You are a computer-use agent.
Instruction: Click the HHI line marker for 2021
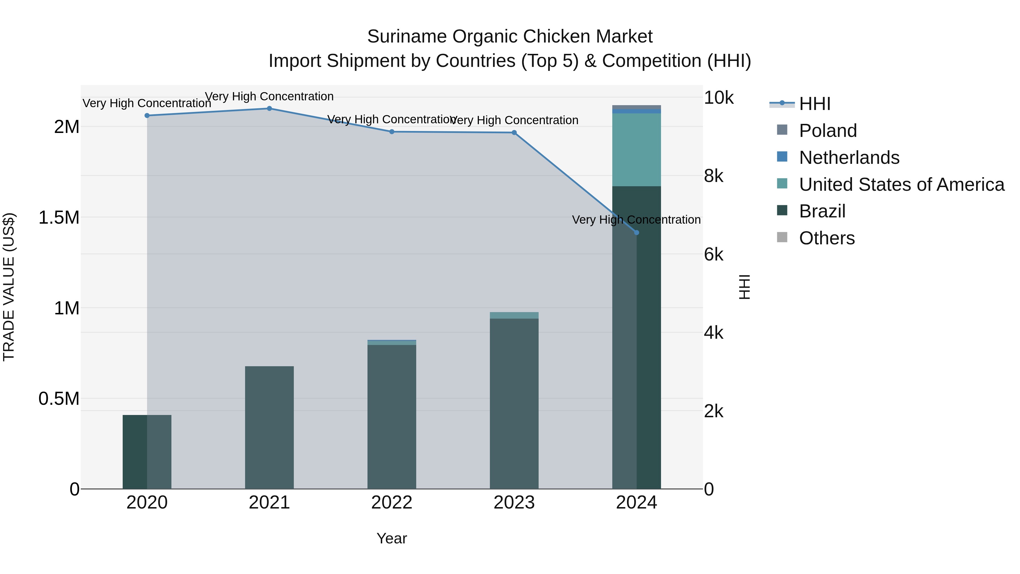(269, 109)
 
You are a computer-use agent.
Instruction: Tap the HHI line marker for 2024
(636, 232)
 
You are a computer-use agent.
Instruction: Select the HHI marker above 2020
(147, 116)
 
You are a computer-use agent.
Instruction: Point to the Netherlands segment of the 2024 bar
(636, 111)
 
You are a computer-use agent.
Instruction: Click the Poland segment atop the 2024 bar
(636, 107)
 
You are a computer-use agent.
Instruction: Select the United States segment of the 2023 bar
(514, 315)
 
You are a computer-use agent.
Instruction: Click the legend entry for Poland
(828, 131)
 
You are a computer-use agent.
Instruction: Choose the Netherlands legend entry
(849, 158)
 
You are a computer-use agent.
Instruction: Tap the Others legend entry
(827, 238)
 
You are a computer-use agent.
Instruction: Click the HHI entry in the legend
(815, 104)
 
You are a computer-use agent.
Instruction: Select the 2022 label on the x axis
(392, 503)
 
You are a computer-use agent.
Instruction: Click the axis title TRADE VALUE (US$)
(9, 287)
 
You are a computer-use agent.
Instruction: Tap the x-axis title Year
(392, 538)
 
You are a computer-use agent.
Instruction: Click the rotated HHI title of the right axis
(744, 287)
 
